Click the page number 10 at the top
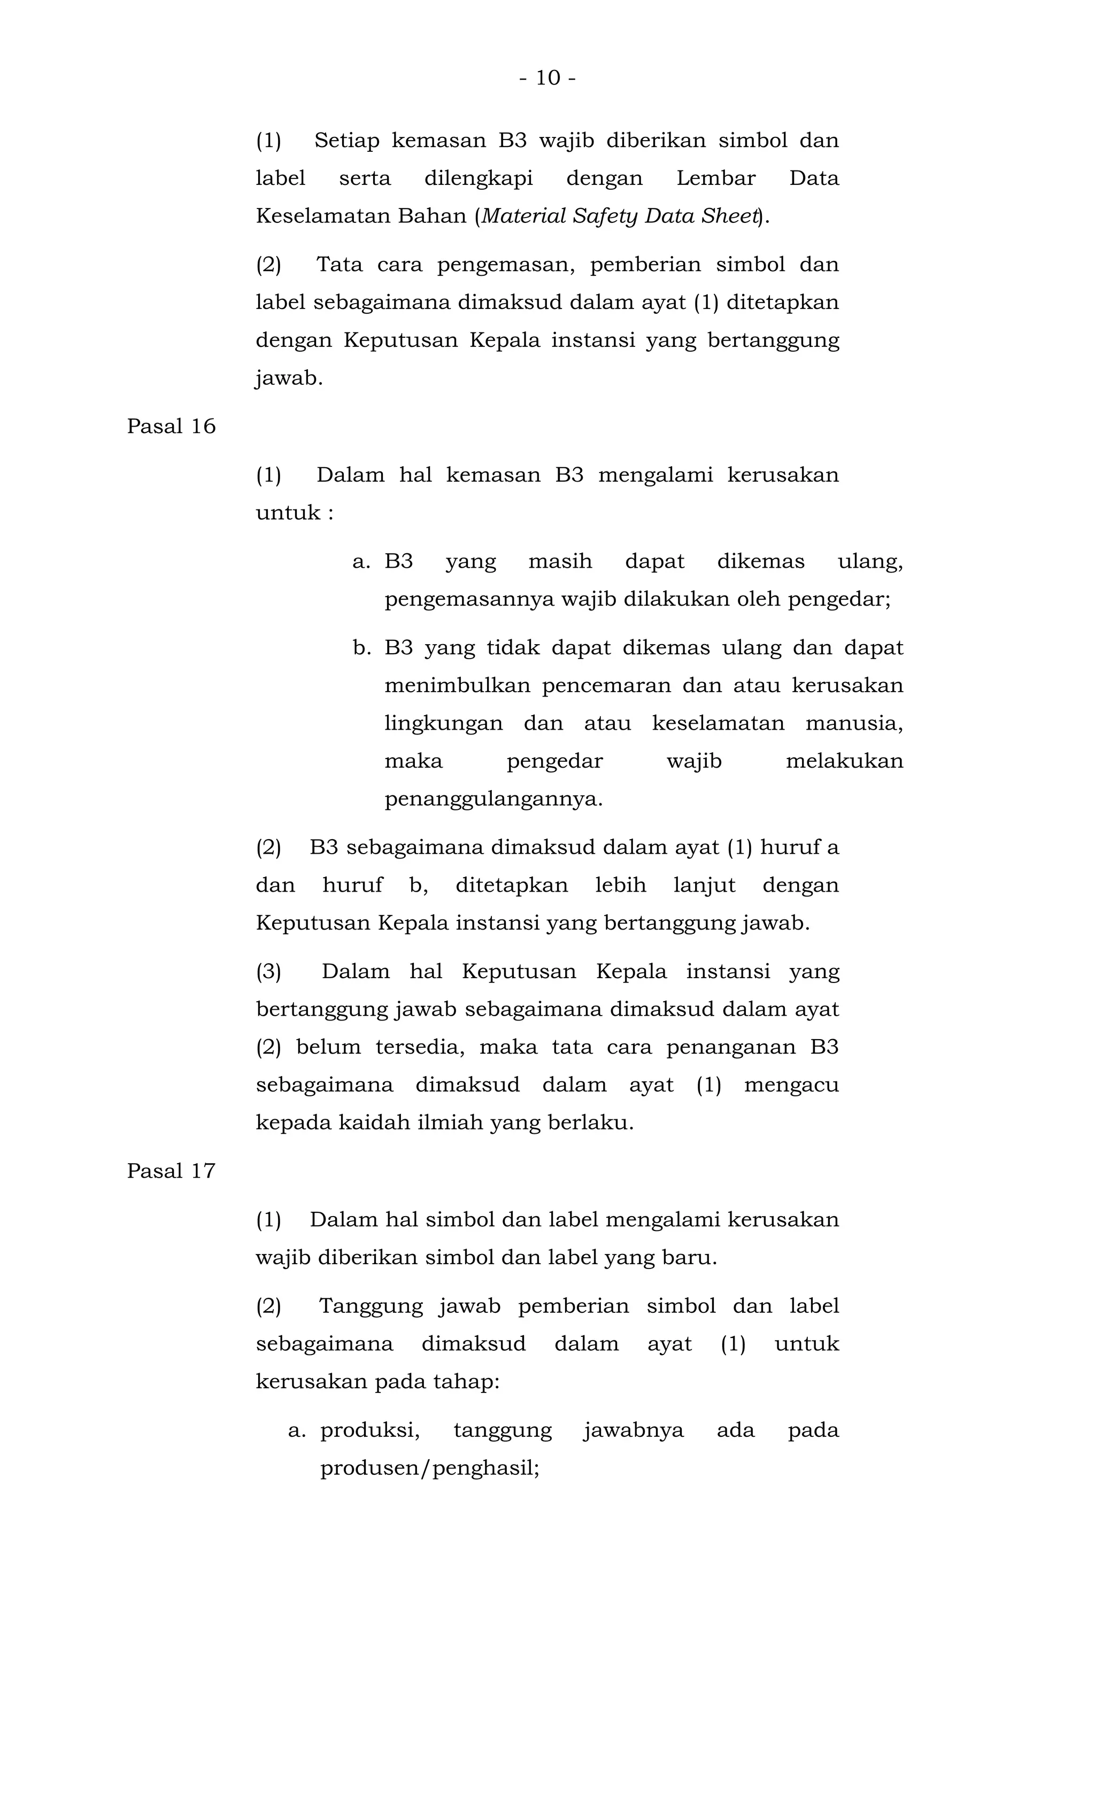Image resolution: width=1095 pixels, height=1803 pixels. [x=547, y=78]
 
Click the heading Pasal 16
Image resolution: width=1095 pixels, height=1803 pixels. [x=171, y=427]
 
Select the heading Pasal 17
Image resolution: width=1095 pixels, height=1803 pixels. [x=171, y=1172]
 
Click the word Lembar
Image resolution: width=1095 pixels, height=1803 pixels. [x=715, y=179]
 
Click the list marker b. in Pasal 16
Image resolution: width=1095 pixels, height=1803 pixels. [x=361, y=648]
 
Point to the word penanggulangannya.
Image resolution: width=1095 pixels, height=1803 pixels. [x=493, y=800]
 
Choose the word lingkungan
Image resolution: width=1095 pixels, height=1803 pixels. [x=444, y=724]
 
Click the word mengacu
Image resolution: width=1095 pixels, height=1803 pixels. [x=791, y=1085]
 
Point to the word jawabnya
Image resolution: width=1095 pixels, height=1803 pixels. [x=634, y=1430]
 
